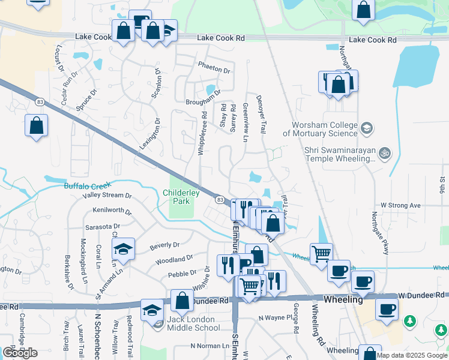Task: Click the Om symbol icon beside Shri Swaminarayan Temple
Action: click(385, 154)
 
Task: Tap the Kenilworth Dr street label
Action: click(112, 211)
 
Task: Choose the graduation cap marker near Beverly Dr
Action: click(122, 249)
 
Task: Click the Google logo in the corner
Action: click(20, 353)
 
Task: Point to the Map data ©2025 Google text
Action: click(411, 355)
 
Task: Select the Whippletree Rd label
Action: click(202, 133)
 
